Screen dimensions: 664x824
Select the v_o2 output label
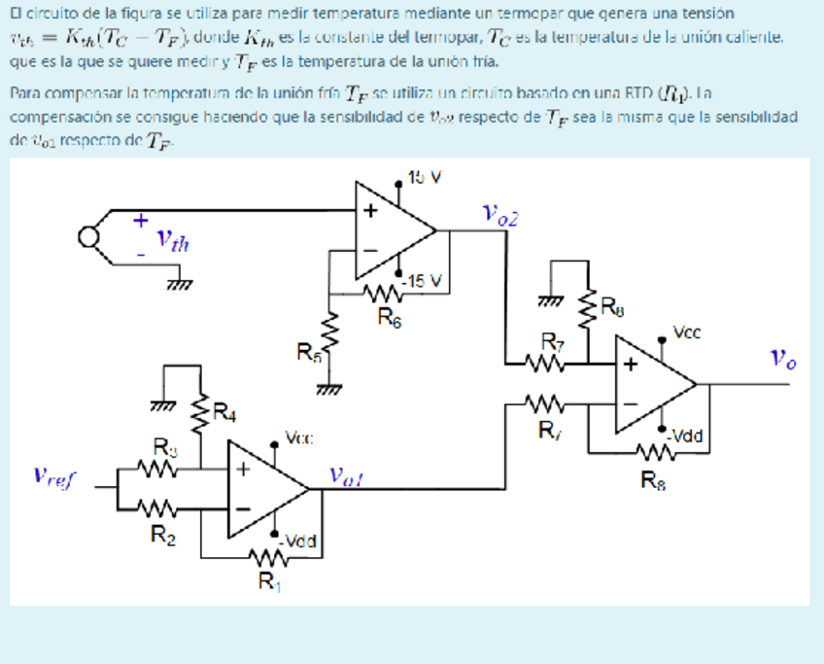499,215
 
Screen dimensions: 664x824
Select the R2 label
156,532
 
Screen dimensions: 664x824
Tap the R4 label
224,413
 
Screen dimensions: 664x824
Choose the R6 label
387,315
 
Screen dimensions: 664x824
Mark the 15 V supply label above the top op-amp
425,178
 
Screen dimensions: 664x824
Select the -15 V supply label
425,281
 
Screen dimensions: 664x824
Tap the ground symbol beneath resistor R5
334,389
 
